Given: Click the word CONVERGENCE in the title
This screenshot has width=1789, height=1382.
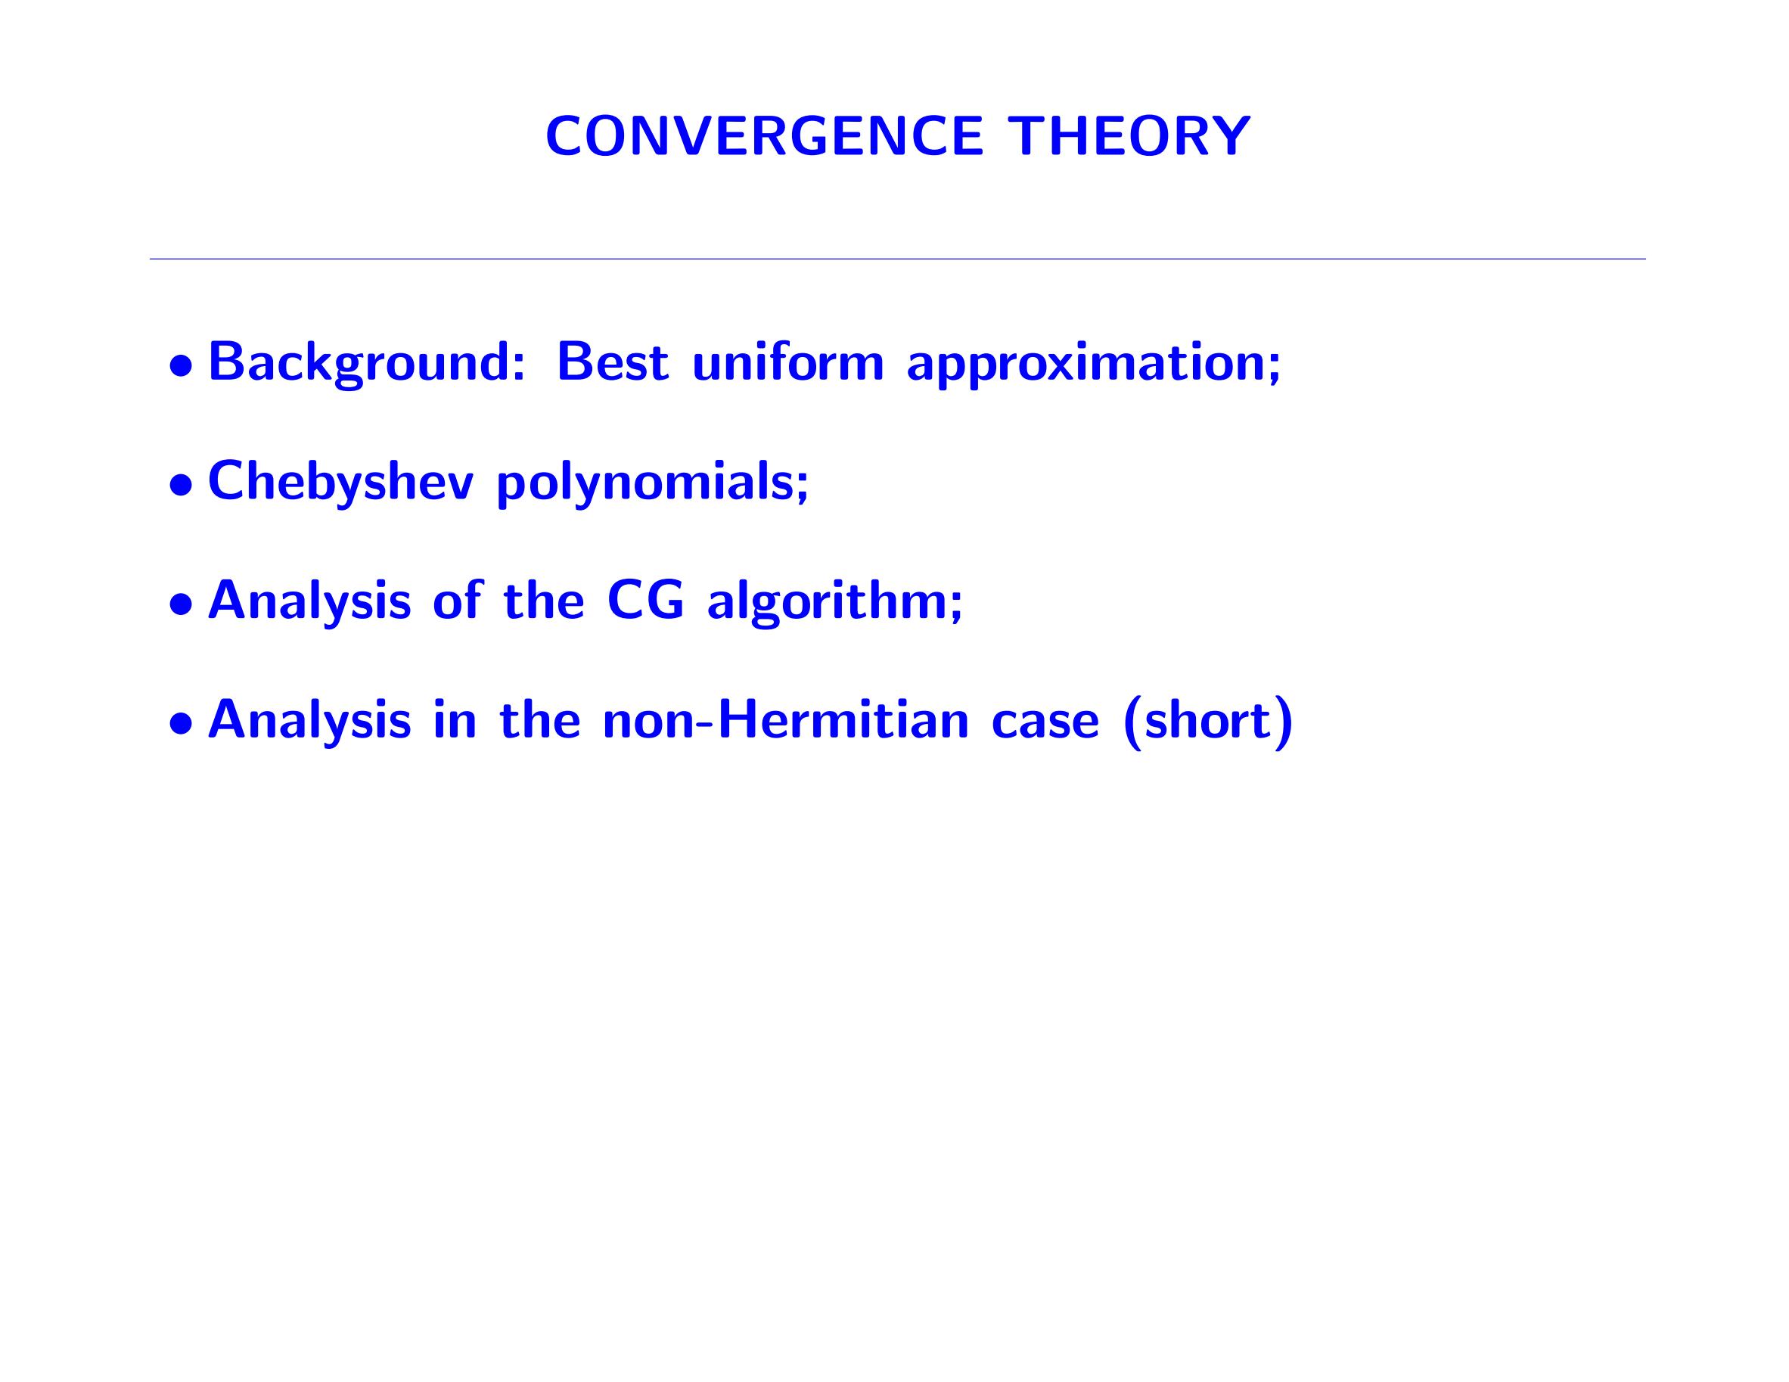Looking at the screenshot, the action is pos(764,136).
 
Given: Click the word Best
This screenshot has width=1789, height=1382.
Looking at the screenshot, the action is pos(613,362).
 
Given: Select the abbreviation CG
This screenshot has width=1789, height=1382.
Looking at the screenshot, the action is pos(644,601).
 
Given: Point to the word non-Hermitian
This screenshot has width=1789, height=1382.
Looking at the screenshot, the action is pos(787,719).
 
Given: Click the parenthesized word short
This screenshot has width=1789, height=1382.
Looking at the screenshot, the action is pos(1207,721).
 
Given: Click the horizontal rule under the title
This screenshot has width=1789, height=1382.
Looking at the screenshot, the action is pos(898,259).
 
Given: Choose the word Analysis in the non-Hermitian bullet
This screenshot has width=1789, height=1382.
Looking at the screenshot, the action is pos(309,721).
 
